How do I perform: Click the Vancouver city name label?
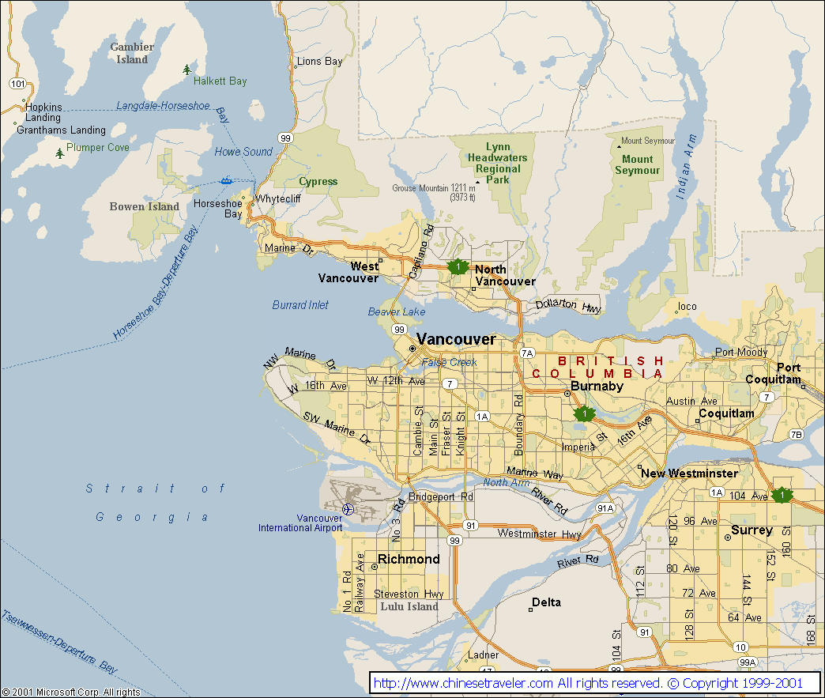(x=456, y=339)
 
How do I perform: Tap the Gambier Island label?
(x=132, y=53)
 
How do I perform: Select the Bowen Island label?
(x=144, y=206)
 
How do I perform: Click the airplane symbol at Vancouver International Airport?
(x=347, y=508)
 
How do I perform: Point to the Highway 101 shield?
(x=18, y=83)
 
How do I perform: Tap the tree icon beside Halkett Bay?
(x=186, y=70)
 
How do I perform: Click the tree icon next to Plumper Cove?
(x=60, y=153)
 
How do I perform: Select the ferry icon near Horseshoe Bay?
(x=227, y=180)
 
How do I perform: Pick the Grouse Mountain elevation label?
(x=434, y=193)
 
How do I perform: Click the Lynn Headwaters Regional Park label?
(x=497, y=163)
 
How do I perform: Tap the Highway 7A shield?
(x=527, y=353)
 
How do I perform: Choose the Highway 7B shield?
(x=796, y=435)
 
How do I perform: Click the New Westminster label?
(x=689, y=474)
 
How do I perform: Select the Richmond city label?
(x=409, y=559)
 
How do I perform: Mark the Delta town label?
(x=546, y=602)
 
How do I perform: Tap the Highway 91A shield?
(x=605, y=507)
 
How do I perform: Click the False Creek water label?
(x=449, y=362)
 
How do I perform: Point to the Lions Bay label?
(x=319, y=62)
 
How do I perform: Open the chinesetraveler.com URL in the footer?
(x=463, y=683)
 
